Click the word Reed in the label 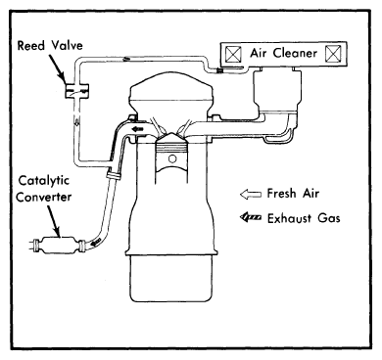(x=30, y=45)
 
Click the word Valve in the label (x=68, y=45)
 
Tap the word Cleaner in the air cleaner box (x=295, y=53)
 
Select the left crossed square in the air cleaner (x=234, y=54)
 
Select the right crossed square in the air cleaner (x=333, y=54)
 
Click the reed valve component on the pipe (x=76, y=90)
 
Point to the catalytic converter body (x=58, y=245)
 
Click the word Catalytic (x=44, y=181)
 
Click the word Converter (x=44, y=198)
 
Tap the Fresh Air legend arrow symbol (x=251, y=195)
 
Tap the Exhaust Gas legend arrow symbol (x=251, y=217)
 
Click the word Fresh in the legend (x=281, y=193)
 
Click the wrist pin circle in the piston (x=172, y=158)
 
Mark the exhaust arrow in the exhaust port (x=137, y=129)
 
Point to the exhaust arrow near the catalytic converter (x=96, y=243)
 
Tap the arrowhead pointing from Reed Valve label (x=62, y=77)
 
